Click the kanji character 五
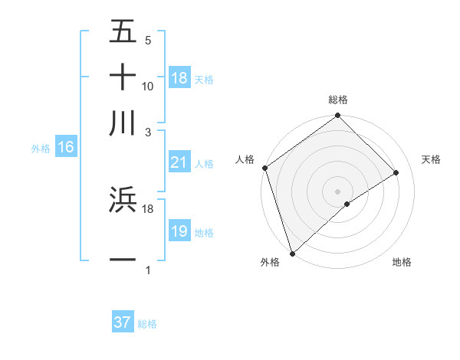tap(123, 32)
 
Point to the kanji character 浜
tap(123, 200)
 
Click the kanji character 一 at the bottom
tap(123, 260)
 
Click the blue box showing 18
tap(179, 78)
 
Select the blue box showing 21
tap(179, 162)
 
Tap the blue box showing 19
tap(179, 231)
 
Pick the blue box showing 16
tap(66, 148)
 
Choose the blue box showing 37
tap(123, 322)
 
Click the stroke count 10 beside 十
tap(148, 87)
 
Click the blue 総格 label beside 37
tap(147, 324)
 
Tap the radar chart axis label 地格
tap(402, 262)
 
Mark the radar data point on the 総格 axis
tap(337, 116)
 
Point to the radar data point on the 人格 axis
tap(264, 168)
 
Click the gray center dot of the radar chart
tap(337, 191)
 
